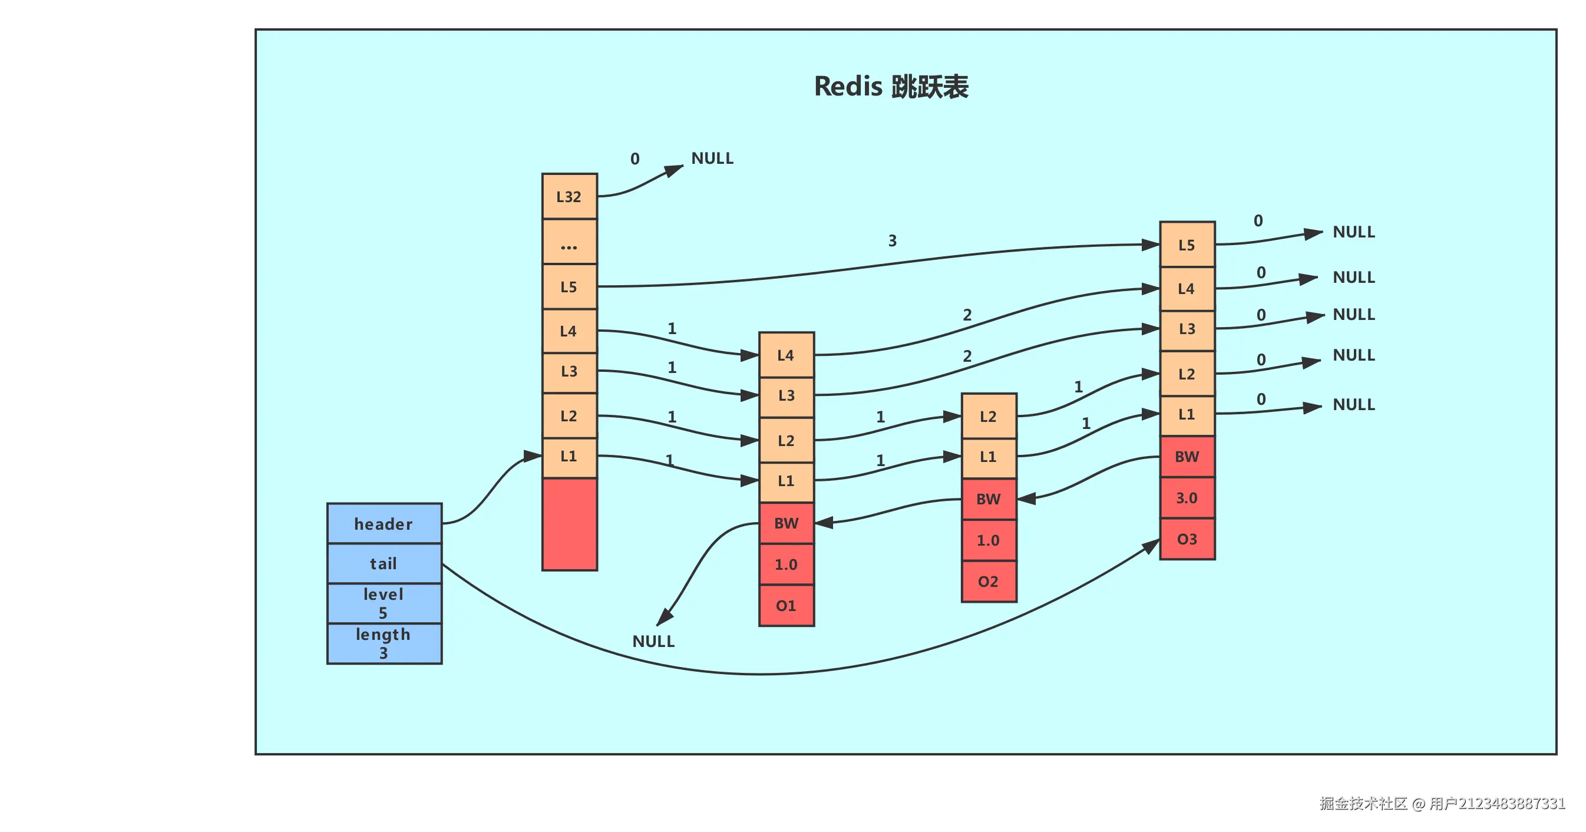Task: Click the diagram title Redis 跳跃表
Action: (x=891, y=87)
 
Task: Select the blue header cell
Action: (x=384, y=523)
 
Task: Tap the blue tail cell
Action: (x=384, y=563)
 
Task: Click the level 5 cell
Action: (x=384, y=603)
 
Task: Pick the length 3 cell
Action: (x=384, y=643)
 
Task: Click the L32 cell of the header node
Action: (x=569, y=196)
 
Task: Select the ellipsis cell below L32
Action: (x=569, y=242)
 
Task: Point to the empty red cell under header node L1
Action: (x=569, y=524)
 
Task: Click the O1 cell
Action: (x=787, y=605)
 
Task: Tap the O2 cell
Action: (x=988, y=582)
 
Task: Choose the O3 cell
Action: (x=1187, y=540)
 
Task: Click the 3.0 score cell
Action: (x=1187, y=497)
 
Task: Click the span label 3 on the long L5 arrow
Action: (x=892, y=241)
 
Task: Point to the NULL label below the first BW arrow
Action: (x=653, y=641)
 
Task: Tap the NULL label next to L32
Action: (x=712, y=159)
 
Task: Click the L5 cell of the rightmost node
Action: (x=1187, y=245)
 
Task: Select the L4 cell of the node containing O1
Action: (x=787, y=355)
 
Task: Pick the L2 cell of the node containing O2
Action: (x=988, y=417)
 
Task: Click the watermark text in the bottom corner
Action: (x=1440, y=803)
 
